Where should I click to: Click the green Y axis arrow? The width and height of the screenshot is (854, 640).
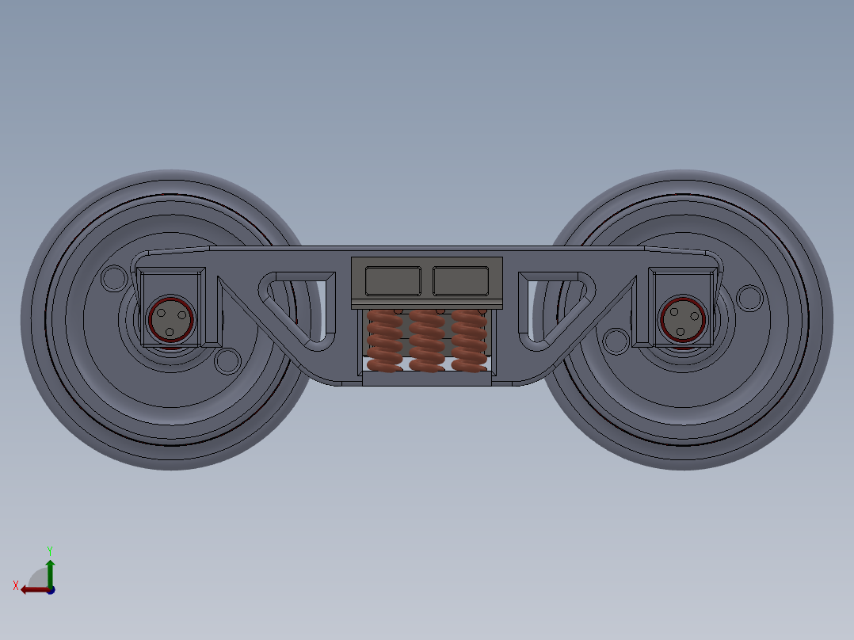click(50, 572)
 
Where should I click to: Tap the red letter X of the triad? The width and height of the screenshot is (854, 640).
click(16, 585)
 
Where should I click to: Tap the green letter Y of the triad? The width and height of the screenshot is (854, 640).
click(49, 550)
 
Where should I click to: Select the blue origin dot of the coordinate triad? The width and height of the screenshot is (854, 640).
click(50, 589)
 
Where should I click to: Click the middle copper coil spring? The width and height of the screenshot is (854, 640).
click(427, 341)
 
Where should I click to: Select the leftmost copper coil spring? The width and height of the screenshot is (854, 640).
click(385, 341)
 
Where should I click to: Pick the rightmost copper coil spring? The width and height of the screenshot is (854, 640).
click(468, 341)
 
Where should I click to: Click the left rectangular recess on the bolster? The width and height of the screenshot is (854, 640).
click(392, 280)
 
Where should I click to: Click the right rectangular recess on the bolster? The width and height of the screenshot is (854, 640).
click(460, 280)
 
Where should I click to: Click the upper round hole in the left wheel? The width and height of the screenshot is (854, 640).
click(114, 278)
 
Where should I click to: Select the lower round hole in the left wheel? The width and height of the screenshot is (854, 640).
click(227, 361)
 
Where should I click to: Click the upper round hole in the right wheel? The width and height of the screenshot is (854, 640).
click(748, 298)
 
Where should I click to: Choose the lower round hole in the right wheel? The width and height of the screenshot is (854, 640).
click(615, 341)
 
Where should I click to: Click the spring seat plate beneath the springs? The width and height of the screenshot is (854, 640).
click(427, 379)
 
